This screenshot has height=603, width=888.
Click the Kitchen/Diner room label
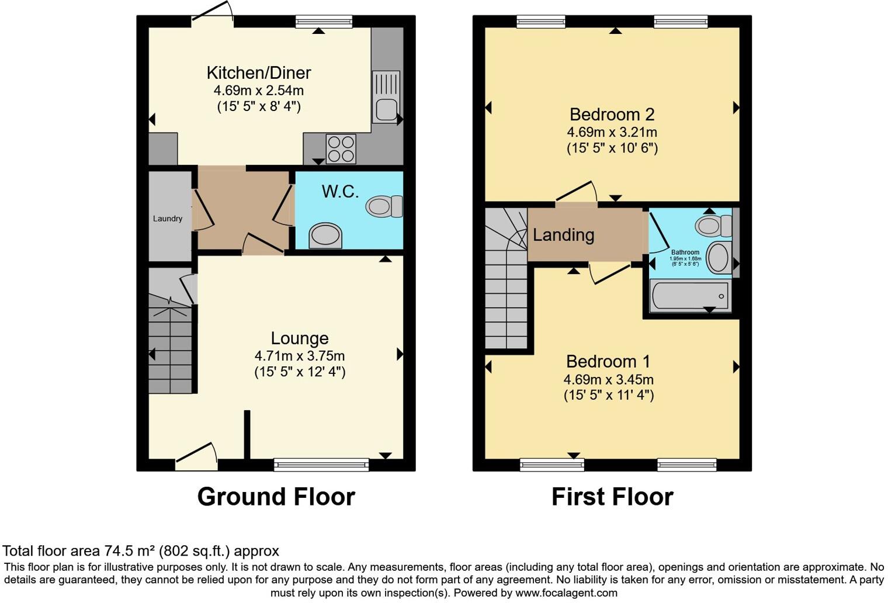259,73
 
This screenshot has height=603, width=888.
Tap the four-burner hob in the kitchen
341,148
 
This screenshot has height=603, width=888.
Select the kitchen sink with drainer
386,97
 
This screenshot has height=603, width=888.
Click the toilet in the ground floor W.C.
384,206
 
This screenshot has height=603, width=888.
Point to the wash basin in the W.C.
325,235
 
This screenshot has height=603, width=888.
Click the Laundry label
168,219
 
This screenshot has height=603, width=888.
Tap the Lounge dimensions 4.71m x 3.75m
299,356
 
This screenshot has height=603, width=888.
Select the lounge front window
321,465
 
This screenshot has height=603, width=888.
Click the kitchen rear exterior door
212,15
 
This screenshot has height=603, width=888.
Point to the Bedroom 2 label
612,115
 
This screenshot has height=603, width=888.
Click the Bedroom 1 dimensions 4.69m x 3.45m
608,380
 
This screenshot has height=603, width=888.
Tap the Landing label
563,235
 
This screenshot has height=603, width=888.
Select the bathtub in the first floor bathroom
690,296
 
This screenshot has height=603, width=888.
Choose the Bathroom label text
685,252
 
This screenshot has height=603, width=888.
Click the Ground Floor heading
276,497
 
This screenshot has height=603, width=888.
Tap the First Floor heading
612,497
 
